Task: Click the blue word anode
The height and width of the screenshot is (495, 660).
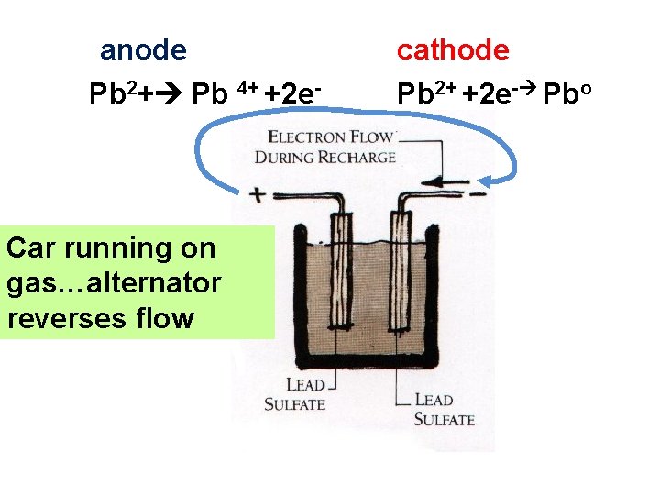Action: [143, 50]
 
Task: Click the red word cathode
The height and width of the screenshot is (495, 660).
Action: [452, 50]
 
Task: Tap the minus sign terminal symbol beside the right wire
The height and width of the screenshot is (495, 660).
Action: [478, 193]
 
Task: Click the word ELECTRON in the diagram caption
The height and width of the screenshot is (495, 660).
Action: [308, 137]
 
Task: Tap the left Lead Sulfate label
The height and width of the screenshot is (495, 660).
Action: [295, 395]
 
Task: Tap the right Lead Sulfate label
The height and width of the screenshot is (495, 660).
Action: [444, 410]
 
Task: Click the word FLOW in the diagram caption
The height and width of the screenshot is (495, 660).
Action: [370, 137]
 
